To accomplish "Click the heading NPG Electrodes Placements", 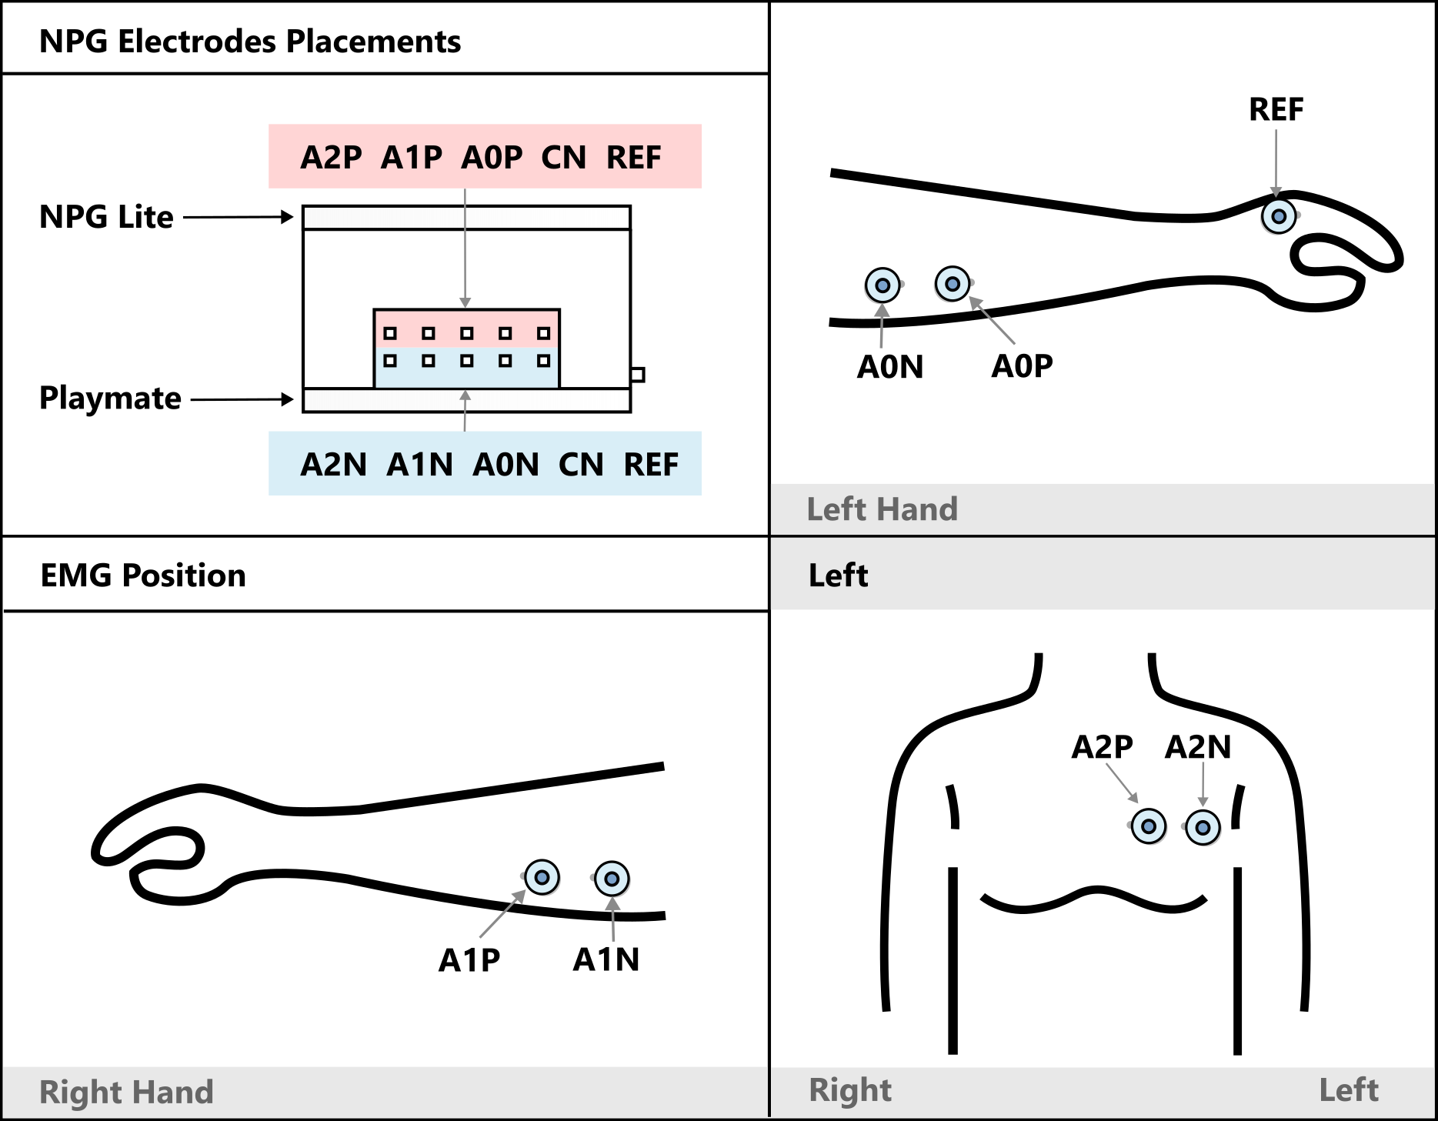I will coord(249,42).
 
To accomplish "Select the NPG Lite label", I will coord(106,217).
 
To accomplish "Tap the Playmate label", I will coord(110,399).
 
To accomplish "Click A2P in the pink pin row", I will coord(331,158).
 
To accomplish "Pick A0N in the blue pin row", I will coord(505,465).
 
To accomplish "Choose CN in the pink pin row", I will coord(563,158).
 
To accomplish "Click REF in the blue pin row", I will coord(651,465).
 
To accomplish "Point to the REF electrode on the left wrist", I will coord(1279,217).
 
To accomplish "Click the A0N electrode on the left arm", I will coord(882,285).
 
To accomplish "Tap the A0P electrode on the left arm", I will coord(953,284).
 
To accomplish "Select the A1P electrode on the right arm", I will coord(542,877).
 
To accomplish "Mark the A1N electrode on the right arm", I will coord(612,879).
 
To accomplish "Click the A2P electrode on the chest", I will coord(1149,827).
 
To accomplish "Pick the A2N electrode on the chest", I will coord(1203,828).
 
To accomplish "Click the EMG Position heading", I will coord(143,576).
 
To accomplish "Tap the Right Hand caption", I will coord(126,1093).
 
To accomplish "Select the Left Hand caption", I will coord(882,509).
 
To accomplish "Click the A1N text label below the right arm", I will coord(606,959).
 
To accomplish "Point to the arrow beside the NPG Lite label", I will coord(239,217).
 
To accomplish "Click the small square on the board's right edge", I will coord(638,375).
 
